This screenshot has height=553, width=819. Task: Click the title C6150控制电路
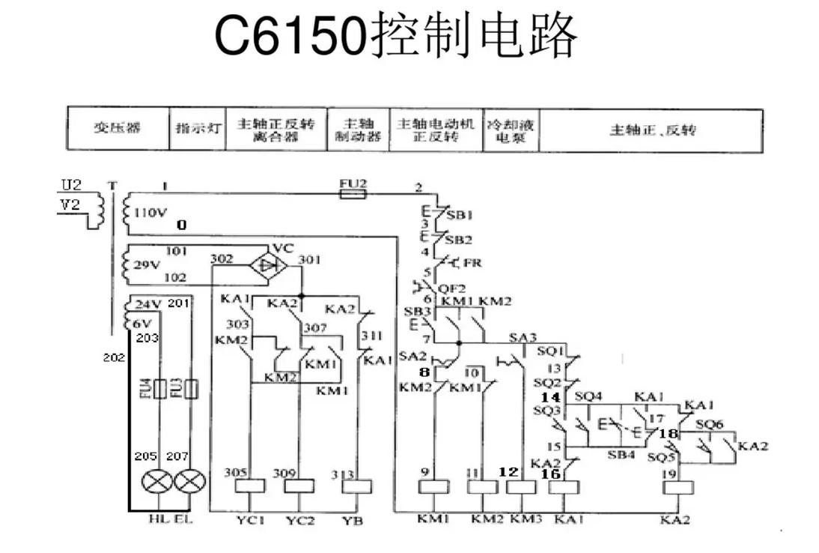(x=396, y=36)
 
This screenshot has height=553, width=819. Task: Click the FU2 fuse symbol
(x=353, y=193)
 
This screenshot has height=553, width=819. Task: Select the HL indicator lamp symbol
(x=158, y=481)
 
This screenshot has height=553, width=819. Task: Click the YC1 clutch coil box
(x=250, y=486)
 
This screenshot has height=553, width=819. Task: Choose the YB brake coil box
(x=356, y=486)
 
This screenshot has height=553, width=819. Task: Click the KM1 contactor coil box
(x=432, y=486)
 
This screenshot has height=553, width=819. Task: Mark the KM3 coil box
(x=521, y=486)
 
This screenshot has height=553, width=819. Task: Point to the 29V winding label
(x=146, y=265)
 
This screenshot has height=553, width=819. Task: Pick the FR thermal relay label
(x=472, y=263)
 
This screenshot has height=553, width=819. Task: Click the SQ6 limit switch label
(x=709, y=423)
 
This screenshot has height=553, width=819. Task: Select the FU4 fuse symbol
(x=158, y=390)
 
